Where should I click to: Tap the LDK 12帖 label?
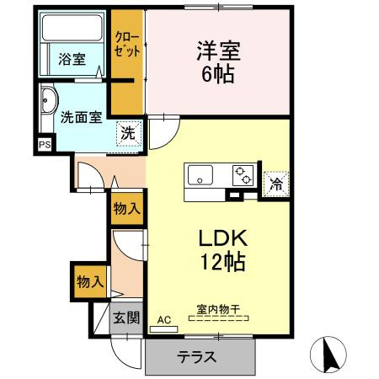click(222, 249)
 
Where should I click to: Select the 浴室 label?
click(72, 59)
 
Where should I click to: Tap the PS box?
click(44, 144)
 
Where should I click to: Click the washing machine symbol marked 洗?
click(127, 133)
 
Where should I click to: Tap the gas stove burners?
click(243, 176)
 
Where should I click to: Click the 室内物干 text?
click(218, 309)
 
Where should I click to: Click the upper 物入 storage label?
click(127, 209)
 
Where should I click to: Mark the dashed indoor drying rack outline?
click(218, 320)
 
